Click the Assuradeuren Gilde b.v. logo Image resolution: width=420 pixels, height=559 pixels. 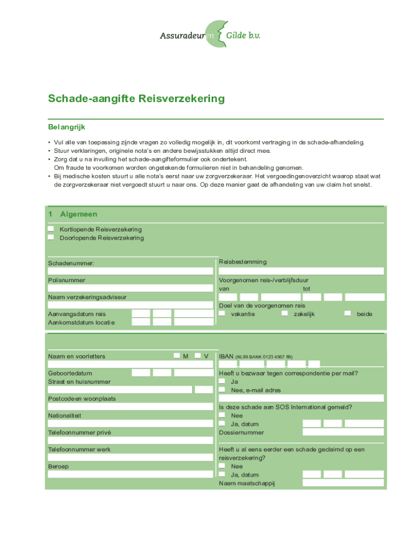click(210, 34)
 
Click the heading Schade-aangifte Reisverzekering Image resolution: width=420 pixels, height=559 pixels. click(136, 99)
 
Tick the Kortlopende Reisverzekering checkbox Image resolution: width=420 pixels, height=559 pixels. click(51, 229)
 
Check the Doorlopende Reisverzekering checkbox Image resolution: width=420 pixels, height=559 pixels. click(51, 237)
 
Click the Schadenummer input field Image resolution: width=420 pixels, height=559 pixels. click(130, 271)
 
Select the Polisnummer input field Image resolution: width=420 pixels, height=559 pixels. click(130, 288)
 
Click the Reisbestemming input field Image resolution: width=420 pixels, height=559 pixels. click(301, 271)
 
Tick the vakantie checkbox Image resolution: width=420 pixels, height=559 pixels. click(222, 314)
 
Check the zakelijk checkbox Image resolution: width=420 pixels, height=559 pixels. click(285, 314)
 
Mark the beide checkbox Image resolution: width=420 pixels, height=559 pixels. click(347, 314)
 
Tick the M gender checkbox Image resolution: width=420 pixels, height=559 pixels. click(177, 356)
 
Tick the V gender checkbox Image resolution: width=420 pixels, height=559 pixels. click(197, 356)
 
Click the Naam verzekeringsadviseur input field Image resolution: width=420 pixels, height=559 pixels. click(130, 305)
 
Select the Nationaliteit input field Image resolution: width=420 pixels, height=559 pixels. click(130, 423)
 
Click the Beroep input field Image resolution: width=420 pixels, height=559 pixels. click(130, 474)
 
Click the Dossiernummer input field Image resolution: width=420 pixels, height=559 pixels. click(343, 432)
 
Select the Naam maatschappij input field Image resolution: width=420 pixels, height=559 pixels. click(343, 483)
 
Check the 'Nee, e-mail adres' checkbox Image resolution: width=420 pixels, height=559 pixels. click(222, 390)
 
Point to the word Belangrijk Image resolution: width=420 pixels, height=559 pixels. click(67, 127)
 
